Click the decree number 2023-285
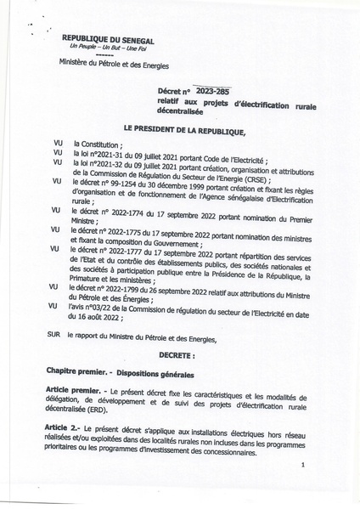[211, 90]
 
